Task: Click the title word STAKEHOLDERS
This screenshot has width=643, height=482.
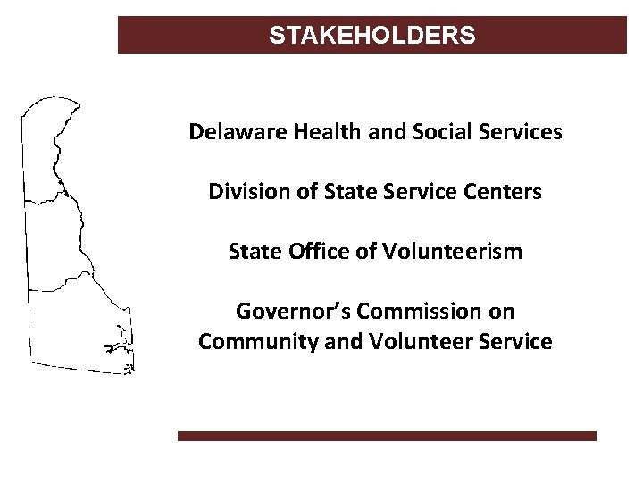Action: (x=372, y=36)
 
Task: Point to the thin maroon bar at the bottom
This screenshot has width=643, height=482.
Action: (x=386, y=436)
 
